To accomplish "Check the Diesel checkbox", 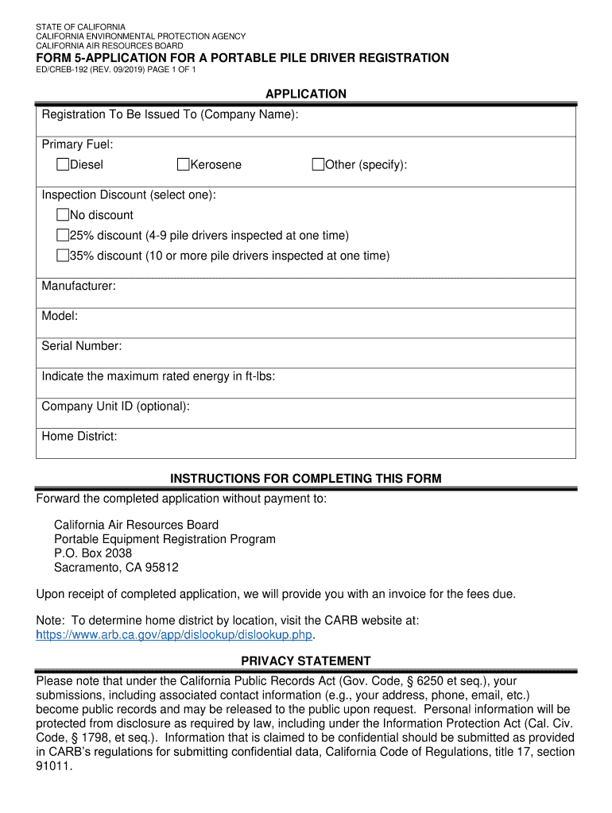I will coord(63,164).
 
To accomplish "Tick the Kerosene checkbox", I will coord(183,164).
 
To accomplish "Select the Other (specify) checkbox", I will coord(318,164).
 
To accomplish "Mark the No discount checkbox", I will coord(63,215).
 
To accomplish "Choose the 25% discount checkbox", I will coord(63,236).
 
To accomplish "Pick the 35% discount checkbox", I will coord(63,256).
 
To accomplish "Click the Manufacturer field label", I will coord(79,286).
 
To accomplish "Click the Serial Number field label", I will coord(82,346).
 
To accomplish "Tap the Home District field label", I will coord(79,437).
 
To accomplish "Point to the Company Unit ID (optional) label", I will coord(116,406).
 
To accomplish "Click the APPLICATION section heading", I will coord(306,94).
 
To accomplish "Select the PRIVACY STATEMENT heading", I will coord(306,661).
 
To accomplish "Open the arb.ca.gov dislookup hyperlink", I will coord(176,635).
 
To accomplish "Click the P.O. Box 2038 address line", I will coord(93,553).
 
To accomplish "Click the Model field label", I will coord(60,316).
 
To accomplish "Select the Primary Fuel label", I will coord(77,144).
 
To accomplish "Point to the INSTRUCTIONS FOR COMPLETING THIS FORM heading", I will coord(306,479).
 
